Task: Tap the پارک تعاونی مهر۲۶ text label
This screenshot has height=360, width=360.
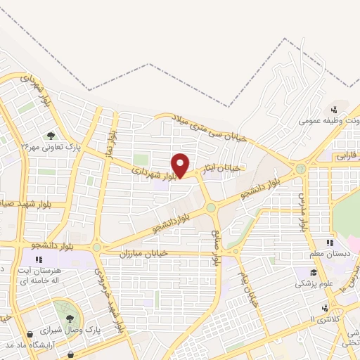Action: tap(50, 148)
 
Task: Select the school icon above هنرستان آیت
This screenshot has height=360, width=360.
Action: tap(49, 259)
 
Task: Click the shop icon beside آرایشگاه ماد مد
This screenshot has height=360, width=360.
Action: tap(30, 335)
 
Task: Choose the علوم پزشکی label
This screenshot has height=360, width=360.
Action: tap(309, 283)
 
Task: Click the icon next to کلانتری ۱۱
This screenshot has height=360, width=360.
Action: tap(325, 308)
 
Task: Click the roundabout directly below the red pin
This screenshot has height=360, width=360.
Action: tap(210, 207)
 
